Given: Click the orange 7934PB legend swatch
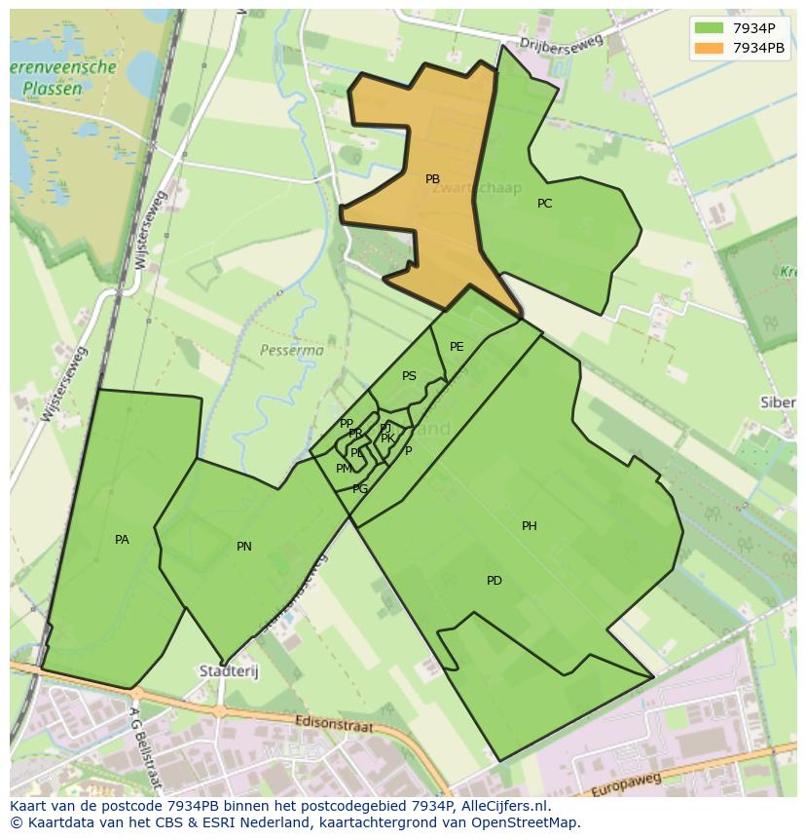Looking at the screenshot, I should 710,48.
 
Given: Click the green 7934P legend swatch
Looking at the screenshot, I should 710,28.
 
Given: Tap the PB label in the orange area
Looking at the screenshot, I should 433,179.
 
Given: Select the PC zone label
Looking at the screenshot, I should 545,204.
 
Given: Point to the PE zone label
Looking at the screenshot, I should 457,347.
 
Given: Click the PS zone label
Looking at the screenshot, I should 409,376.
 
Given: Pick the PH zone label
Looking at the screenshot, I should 530,526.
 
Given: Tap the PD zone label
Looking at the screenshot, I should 495,581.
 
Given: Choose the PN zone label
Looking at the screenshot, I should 244,547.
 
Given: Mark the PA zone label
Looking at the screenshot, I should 122,540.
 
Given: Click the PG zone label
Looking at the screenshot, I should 360,489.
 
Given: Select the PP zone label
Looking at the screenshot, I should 346,424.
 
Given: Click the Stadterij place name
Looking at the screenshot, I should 225,671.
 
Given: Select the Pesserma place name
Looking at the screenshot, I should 291,349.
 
